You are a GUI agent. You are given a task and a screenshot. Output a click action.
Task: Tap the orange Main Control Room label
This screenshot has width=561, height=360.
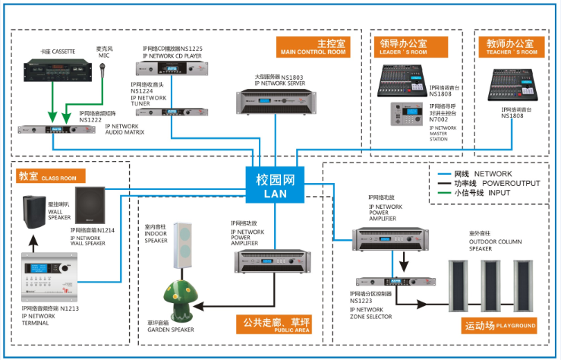pyautogui.click(x=313, y=47)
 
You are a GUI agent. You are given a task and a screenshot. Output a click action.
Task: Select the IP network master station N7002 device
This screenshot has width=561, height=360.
pyautogui.click(x=406, y=112)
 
